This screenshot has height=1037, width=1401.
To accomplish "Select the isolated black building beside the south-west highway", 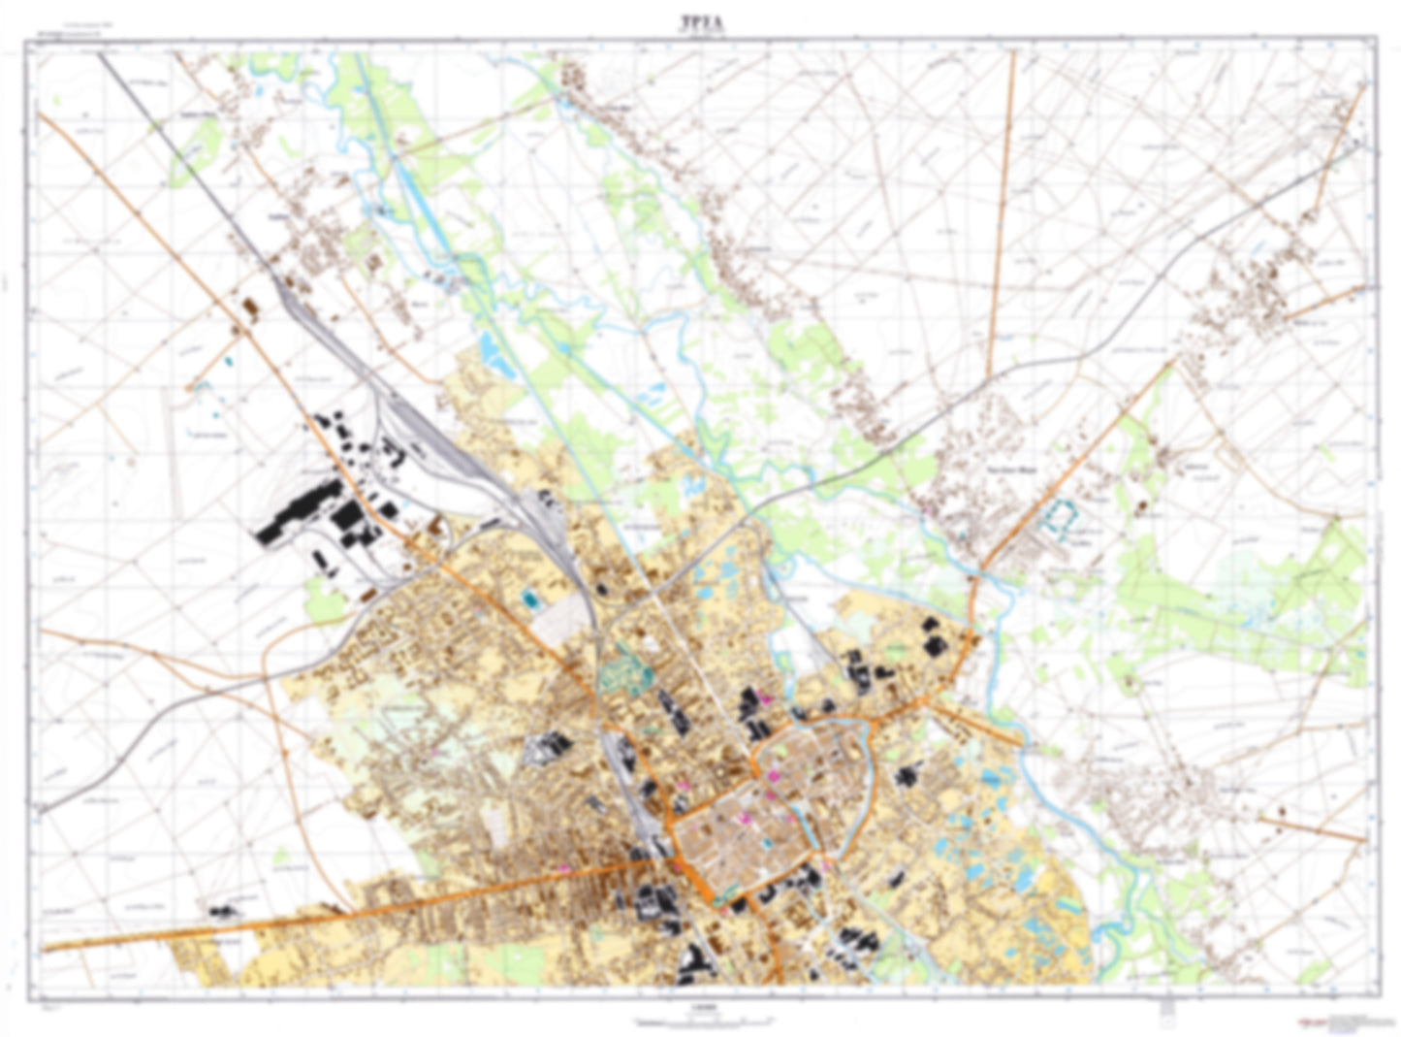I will [224, 911].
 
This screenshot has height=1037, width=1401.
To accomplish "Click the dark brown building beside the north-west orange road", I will [251, 308].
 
